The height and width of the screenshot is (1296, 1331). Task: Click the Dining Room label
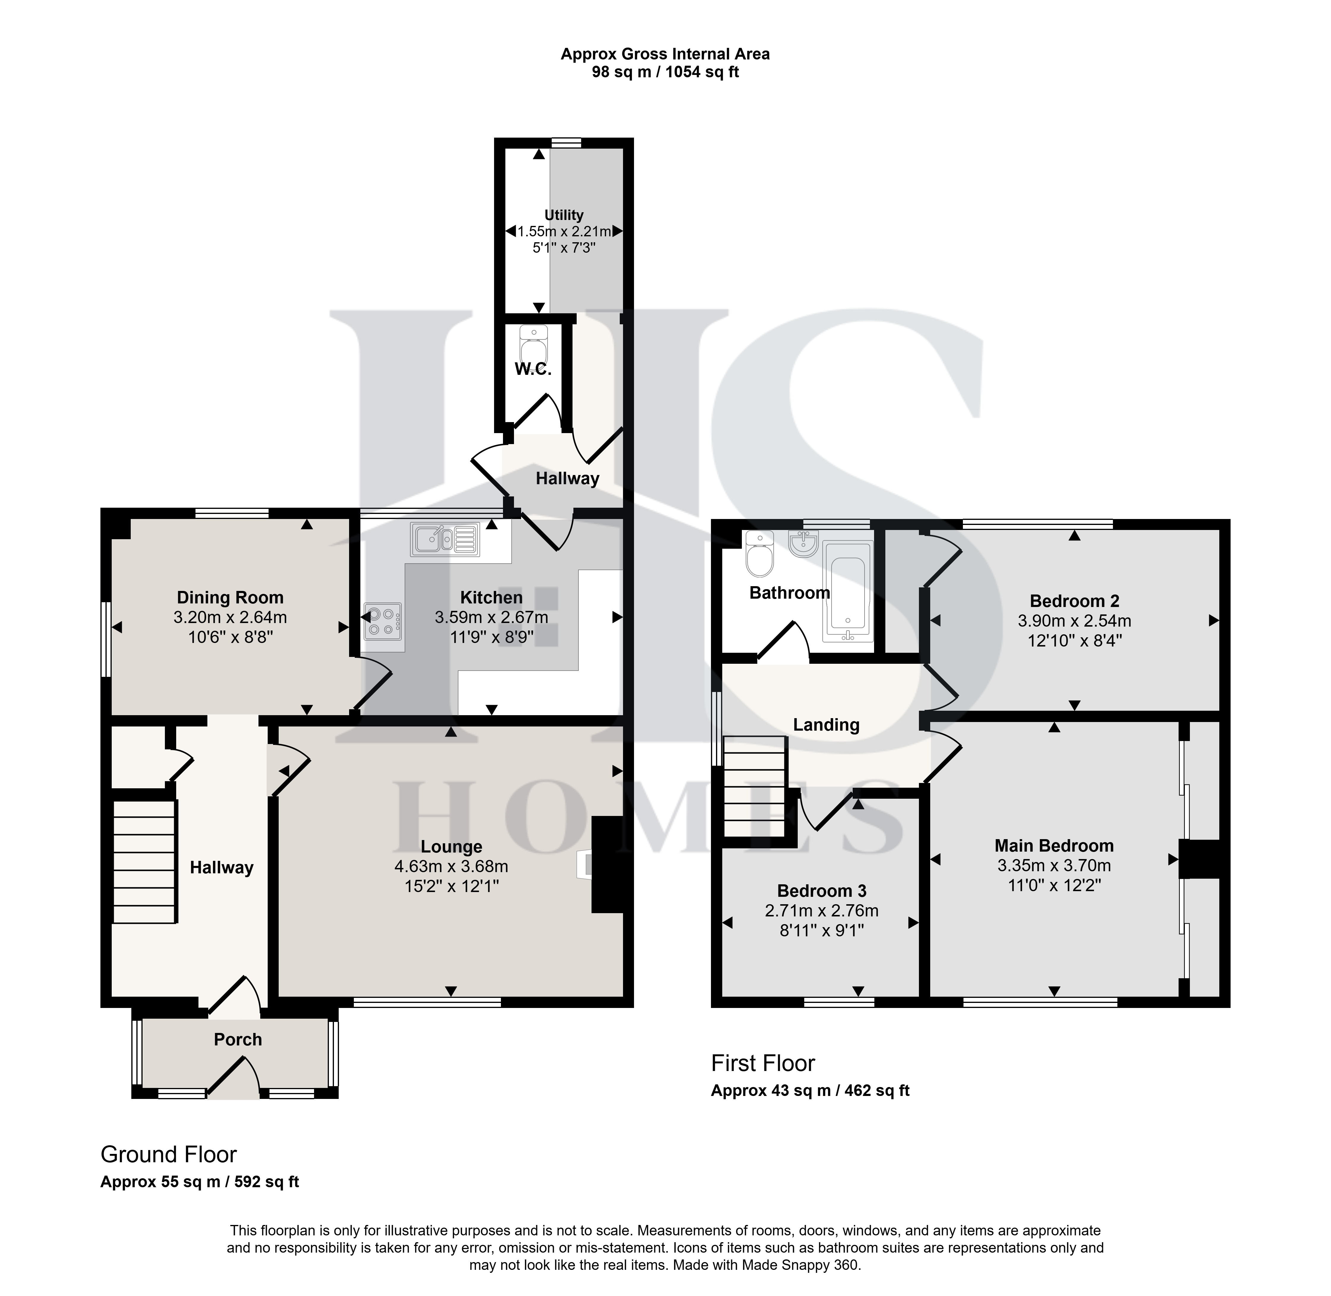(230, 598)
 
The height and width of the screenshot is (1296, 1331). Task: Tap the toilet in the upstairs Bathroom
(759, 553)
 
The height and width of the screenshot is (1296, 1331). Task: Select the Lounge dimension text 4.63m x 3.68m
(451, 866)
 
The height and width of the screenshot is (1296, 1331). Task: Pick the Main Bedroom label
(1054, 845)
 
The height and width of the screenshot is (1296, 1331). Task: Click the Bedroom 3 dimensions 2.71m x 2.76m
(821, 911)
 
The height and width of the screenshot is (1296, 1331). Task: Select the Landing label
(826, 724)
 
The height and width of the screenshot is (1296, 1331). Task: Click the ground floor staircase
(144, 862)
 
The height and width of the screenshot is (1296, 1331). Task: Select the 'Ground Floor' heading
(169, 1155)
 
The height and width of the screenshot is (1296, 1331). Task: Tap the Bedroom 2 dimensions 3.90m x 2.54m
(1075, 621)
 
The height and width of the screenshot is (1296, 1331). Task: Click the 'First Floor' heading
(763, 1063)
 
